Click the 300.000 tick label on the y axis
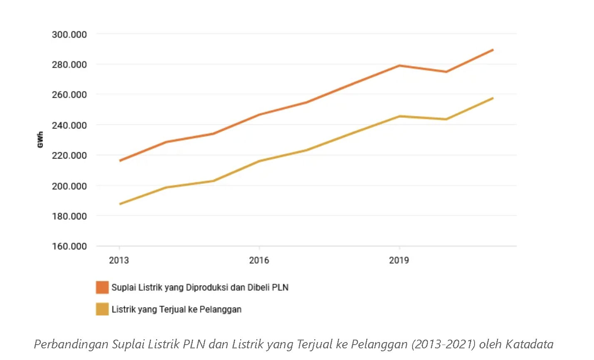(x=69, y=35)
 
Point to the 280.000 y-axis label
(x=69, y=65)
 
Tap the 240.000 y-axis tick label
(x=69, y=125)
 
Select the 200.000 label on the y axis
(x=69, y=186)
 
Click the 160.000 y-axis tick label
(x=69, y=246)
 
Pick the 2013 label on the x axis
(x=119, y=261)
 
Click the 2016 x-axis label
(x=259, y=261)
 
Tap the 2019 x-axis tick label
(x=399, y=261)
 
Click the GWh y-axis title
(x=40, y=140)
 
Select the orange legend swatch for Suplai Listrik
(x=102, y=287)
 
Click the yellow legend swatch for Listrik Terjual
(x=102, y=309)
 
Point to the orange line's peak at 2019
(x=399, y=65)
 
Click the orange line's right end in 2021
(x=493, y=50)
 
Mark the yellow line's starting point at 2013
(x=120, y=204)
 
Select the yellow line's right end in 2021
(x=493, y=98)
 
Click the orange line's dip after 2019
(x=446, y=72)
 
